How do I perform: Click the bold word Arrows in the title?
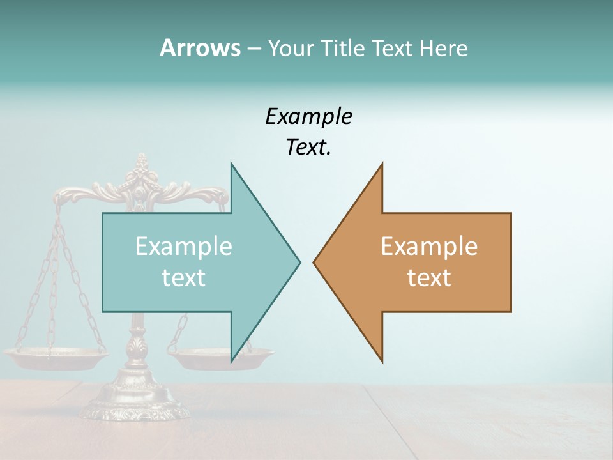(200, 48)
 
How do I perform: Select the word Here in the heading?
(443, 49)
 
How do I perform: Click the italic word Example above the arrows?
(308, 116)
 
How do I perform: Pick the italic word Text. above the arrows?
(308, 148)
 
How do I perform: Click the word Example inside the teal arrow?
(183, 247)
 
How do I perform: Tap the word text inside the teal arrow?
(183, 277)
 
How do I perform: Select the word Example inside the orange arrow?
(429, 247)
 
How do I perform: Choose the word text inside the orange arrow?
(429, 277)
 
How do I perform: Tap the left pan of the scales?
(54, 356)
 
